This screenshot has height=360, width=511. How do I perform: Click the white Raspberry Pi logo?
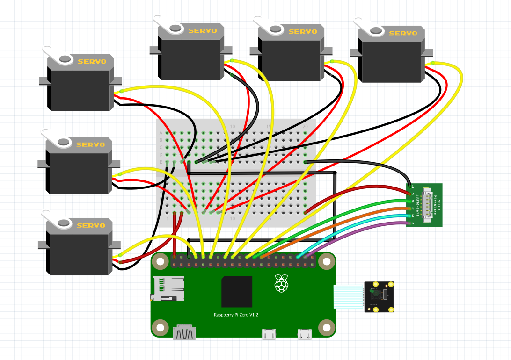tap(281, 284)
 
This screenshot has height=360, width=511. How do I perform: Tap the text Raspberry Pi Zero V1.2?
tap(236, 315)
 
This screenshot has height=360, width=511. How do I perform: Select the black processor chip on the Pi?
tap(237, 292)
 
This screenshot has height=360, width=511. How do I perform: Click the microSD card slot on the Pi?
tap(167, 288)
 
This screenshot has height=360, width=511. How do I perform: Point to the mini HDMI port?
tap(184, 333)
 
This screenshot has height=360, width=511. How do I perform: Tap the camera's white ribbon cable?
tap(349, 297)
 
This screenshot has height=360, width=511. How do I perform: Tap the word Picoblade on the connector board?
tap(435, 205)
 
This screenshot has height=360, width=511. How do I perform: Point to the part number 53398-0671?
tap(417, 205)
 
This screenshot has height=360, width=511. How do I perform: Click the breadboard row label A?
tap(161, 133)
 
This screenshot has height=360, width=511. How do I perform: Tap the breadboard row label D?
tap(161, 154)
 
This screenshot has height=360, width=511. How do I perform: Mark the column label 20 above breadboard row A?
tap(305, 127)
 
